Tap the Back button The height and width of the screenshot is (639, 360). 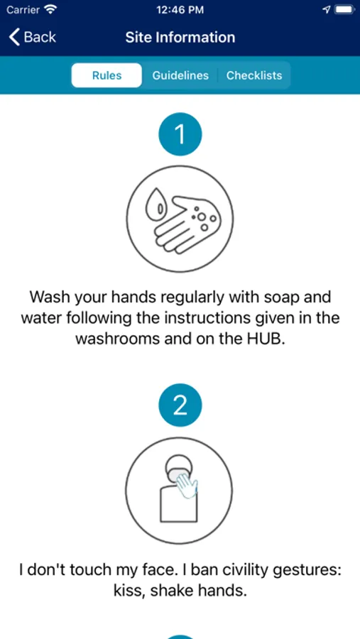(33, 37)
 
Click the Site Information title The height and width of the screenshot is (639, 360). (180, 38)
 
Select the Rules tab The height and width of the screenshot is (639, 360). (107, 75)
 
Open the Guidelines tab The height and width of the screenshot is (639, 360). (180, 75)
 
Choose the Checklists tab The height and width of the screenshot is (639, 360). (254, 75)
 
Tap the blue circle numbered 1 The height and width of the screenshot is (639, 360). (180, 134)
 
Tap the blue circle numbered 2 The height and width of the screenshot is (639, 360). (180, 405)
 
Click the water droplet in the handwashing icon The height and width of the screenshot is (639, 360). (156, 204)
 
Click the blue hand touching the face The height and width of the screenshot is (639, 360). (187, 484)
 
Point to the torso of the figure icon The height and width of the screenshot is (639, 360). (178, 503)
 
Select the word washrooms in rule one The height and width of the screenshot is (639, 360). (118, 339)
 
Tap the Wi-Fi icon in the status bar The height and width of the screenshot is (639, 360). (50, 10)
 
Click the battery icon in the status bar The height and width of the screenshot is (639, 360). (344, 10)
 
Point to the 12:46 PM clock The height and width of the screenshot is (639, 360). (180, 10)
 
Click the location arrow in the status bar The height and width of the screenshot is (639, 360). (326, 10)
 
